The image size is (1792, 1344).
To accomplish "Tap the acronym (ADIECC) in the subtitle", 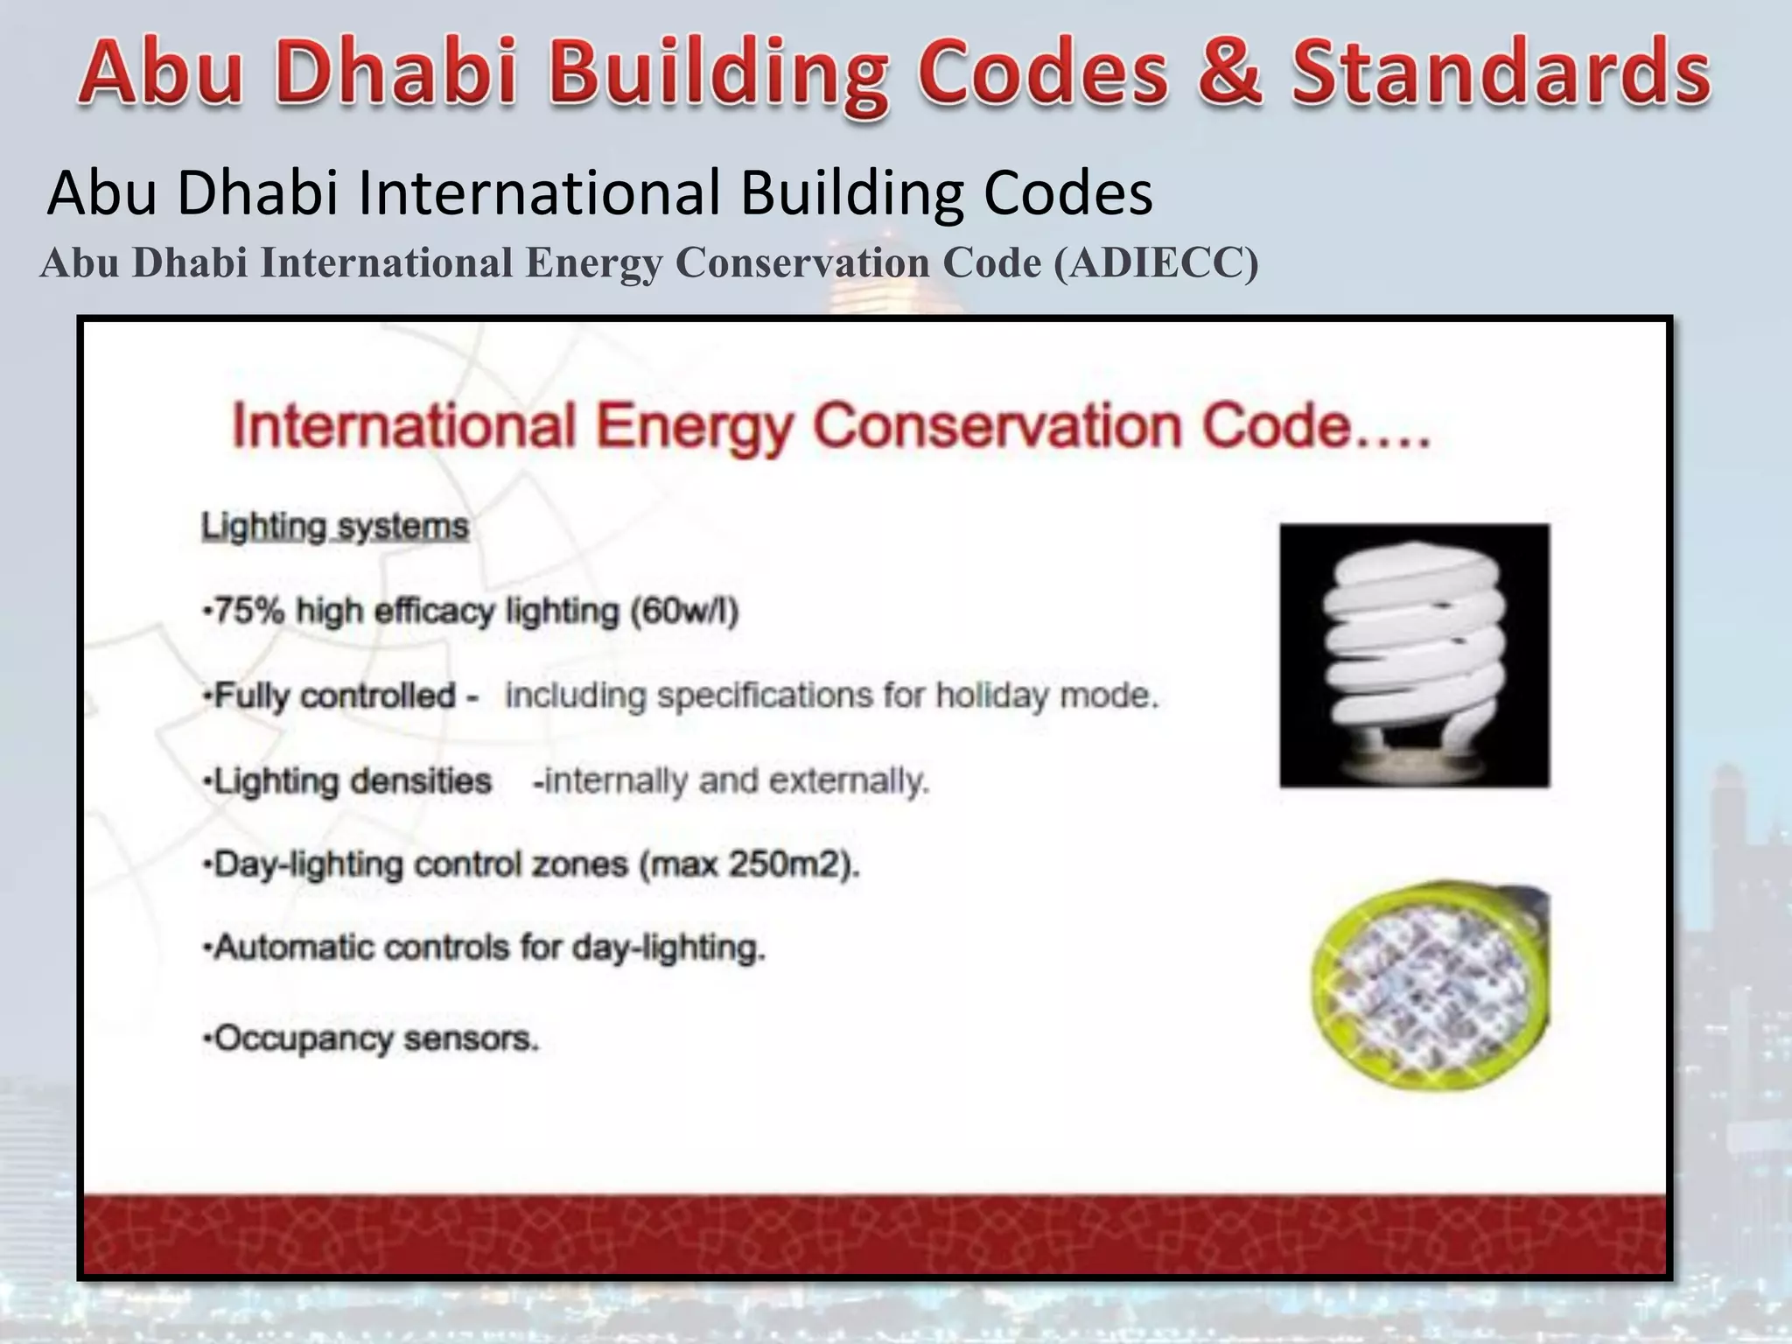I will click(x=1156, y=262).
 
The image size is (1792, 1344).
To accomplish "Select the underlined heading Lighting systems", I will click(x=335, y=527).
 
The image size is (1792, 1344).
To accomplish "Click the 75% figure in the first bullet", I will click(x=249, y=611).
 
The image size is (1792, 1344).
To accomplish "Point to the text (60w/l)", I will click(x=685, y=611).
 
